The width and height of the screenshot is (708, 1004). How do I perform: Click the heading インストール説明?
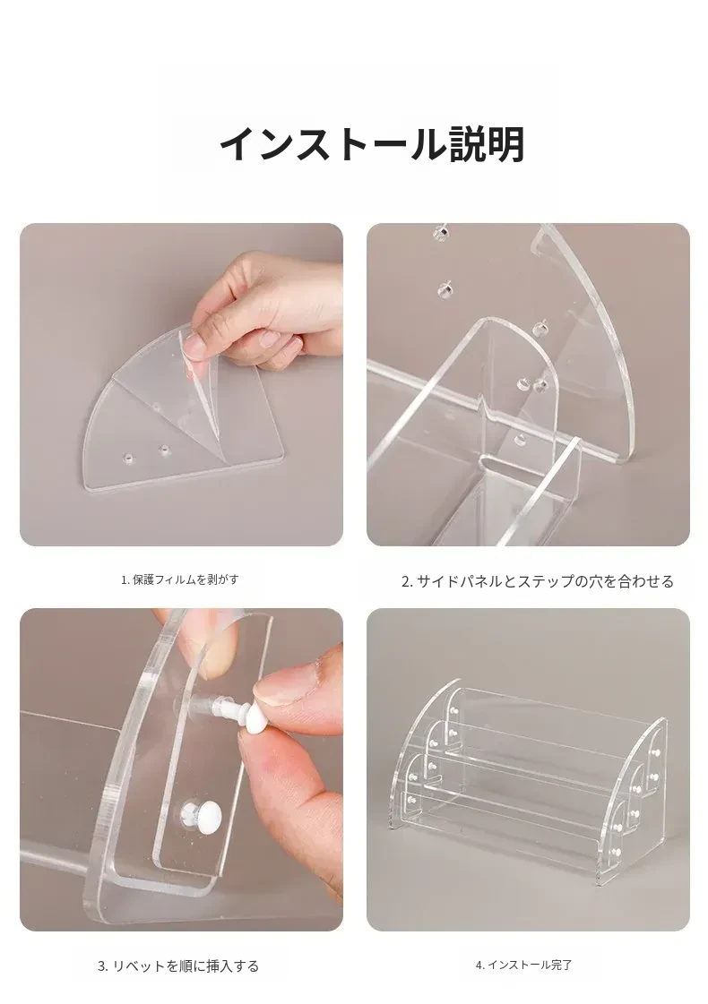[372, 145]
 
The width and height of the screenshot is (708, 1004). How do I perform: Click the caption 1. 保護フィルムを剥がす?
[180, 579]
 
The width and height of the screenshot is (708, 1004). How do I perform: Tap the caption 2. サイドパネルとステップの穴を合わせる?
[538, 581]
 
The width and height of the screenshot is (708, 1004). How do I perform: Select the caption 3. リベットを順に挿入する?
[178, 965]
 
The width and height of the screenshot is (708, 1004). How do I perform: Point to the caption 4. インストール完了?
[523, 965]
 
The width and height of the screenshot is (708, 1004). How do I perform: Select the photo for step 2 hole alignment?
[528, 384]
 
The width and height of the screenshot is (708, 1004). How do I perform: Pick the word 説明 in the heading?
[487, 145]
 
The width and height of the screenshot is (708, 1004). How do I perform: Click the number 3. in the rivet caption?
[103, 966]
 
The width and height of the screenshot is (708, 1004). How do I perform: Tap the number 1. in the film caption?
[125, 580]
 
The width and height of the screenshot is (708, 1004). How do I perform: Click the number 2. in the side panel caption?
[407, 582]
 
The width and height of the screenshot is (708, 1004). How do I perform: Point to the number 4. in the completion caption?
[479, 965]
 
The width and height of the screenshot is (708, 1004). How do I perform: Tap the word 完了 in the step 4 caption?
[561, 965]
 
